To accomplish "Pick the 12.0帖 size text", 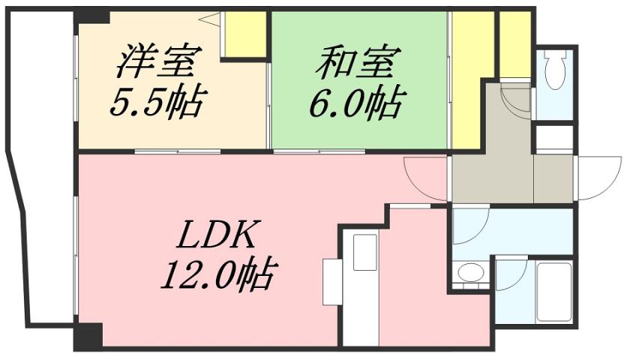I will [218, 278].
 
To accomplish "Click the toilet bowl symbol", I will [555, 72].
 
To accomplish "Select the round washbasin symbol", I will [471, 274].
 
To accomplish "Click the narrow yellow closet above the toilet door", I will [514, 44].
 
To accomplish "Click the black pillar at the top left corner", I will [91, 16].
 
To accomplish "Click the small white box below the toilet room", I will [554, 138].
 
